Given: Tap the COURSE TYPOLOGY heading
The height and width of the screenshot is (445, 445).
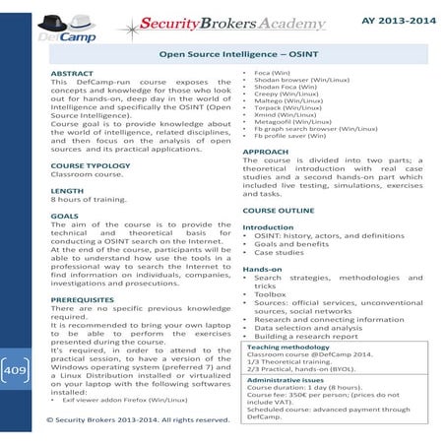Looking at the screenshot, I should coord(90,165).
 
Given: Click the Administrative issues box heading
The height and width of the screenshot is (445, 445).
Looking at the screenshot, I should coord(289,379).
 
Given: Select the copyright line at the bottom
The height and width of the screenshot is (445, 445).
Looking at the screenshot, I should coord(138,419).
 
